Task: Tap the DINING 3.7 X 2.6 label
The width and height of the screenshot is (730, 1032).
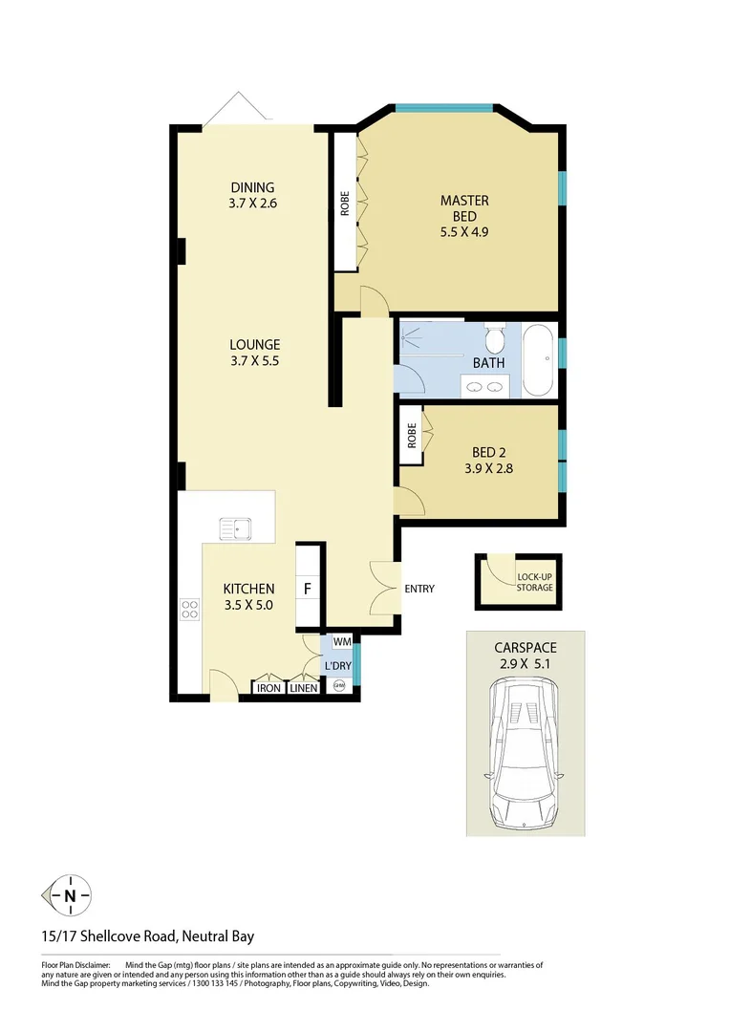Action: click(x=252, y=195)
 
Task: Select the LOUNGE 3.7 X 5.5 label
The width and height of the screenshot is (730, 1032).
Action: click(x=254, y=353)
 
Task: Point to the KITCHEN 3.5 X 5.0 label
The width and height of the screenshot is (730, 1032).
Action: click(x=248, y=596)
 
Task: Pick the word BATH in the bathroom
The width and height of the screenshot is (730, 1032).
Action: click(x=488, y=363)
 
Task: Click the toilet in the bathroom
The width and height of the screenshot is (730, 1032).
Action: click(x=495, y=339)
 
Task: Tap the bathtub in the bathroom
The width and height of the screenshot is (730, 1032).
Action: click(x=538, y=360)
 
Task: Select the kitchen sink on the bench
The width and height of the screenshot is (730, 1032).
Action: click(x=233, y=527)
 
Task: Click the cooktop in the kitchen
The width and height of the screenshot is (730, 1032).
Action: click(x=188, y=609)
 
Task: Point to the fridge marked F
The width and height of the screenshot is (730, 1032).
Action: click(x=308, y=589)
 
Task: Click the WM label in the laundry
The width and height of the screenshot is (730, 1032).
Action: click(x=341, y=642)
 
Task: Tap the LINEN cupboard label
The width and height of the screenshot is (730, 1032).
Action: click(x=303, y=687)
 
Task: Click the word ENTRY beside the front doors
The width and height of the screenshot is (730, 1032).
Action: click(x=419, y=589)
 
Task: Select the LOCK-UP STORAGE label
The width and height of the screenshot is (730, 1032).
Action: click(x=534, y=582)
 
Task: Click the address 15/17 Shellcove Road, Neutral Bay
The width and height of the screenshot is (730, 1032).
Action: click(x=148, y=936)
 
